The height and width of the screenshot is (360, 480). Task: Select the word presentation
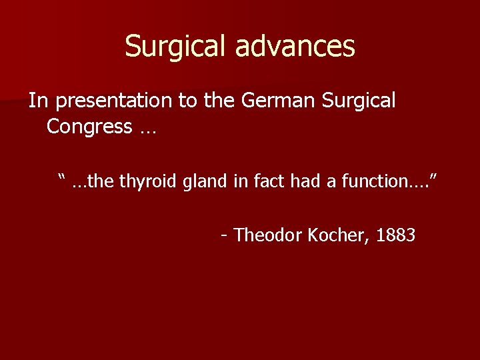[x=114, y=101]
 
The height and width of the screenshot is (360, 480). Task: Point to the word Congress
[x=89, y=127]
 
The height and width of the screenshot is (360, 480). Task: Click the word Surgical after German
[x=359, y=101]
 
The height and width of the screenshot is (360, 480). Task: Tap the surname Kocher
[x=339, y=235]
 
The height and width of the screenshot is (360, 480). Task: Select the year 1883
[x=396, y=235]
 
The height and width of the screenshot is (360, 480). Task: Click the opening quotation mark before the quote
[x=63, y=177]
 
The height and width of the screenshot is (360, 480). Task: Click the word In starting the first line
[x=39, y=101]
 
